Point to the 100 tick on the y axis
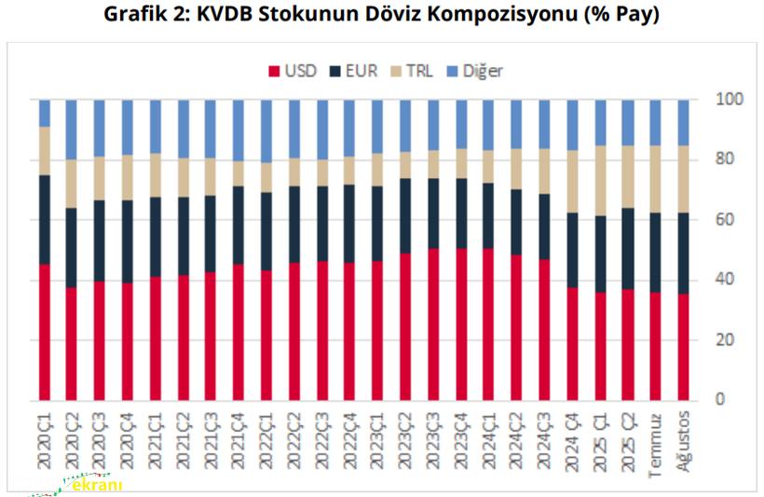click(x=728, y=99)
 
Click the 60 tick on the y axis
click(x=724, y=219)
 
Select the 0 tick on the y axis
click(x=719, y=399)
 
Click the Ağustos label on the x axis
click(x=682, y=438)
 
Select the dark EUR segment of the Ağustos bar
click(x=682, y=253)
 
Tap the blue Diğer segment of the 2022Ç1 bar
click(x=266, y=131)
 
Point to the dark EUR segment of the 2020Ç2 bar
click(x=72, y=247)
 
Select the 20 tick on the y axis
click(x=724, y=339)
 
